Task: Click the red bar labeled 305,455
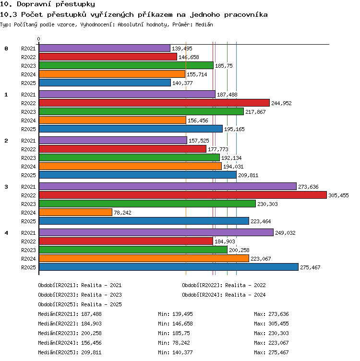coord(183,195)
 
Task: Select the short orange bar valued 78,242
coord(75,212)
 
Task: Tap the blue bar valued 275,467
coord(169,267)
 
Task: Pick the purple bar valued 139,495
coord(105,48)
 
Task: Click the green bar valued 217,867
coord(141,111)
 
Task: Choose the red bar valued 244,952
coord(154,103)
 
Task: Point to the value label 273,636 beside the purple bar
coord(308,187)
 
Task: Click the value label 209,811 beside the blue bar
coord(248,175)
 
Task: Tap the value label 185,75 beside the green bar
coord(224,66)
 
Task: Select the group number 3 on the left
coord(6,187)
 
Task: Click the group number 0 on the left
coord(6,48)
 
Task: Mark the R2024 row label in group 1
coord(28,120)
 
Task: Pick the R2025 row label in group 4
coord(28,267)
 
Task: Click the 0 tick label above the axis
coord(39,39)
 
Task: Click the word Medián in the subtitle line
coord(204,24)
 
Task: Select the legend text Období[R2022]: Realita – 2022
coord(224,285)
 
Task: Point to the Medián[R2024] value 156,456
coord(91,343)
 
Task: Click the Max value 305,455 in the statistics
coord(278,324)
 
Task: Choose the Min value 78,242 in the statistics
coord(181,343)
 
